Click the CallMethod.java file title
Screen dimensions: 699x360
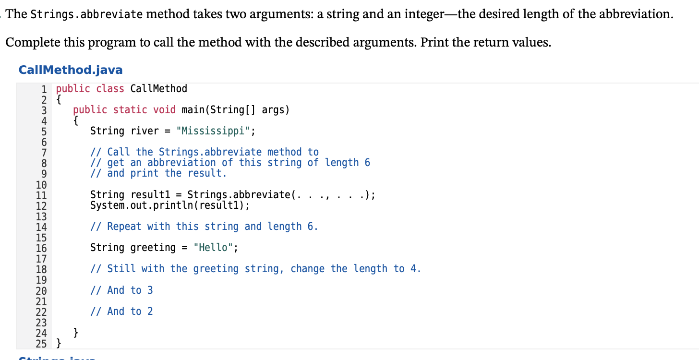70,70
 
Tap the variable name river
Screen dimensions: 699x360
145,131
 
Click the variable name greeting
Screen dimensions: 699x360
153,248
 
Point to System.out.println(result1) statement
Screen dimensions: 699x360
170,205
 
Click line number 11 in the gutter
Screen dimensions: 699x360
42,195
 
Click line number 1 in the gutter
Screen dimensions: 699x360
44,89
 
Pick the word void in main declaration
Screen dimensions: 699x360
164,110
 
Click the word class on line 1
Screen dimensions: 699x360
110,89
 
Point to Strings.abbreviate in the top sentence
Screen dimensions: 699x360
86,14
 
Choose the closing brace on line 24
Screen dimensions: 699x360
76,332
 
